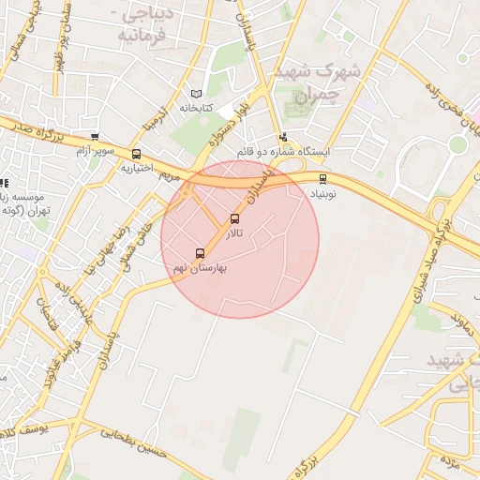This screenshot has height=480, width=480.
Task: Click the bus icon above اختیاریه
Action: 137,154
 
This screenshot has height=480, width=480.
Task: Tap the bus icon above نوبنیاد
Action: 323,178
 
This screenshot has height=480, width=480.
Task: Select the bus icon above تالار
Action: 234,219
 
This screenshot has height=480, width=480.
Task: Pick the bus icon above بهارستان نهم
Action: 200,253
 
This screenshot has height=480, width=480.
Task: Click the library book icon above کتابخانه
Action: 196,94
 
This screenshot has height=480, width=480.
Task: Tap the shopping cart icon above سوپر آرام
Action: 94,137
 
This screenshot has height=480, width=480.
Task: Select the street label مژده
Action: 451,462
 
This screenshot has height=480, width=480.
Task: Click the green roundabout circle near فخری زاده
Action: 457,144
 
